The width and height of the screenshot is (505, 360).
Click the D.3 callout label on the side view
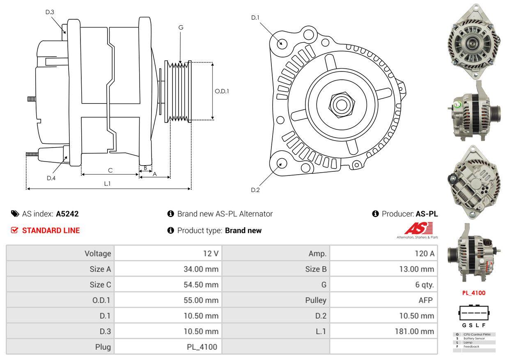50,12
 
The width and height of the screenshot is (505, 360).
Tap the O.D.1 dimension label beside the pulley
222,91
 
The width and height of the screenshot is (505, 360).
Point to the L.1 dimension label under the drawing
107,184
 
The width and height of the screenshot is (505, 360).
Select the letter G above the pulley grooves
181,28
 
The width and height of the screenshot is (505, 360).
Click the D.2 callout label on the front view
255,190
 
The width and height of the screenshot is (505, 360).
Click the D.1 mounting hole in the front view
282,43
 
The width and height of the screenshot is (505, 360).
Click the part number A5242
67,214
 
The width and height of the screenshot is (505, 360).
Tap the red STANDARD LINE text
51,231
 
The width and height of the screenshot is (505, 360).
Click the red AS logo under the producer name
418,229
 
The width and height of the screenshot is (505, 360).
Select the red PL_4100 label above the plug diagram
474,293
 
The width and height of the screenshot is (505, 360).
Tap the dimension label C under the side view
110,170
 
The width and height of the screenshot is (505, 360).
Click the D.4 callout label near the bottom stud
51,178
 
